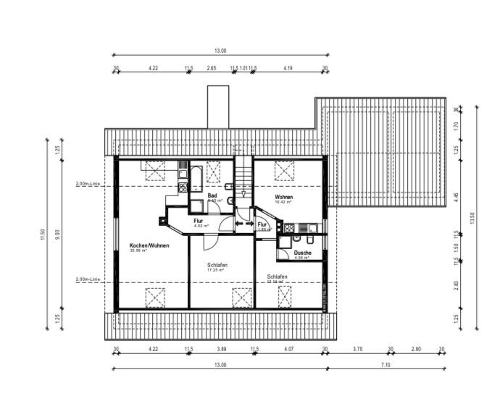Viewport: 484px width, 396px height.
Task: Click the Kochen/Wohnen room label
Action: click(x=149, y=245)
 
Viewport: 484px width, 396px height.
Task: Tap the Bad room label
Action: click(x=212, y=195)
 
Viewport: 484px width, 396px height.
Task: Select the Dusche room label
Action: click(x=302, y=253)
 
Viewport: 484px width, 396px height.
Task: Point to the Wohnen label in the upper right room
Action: click(x=283, y=197)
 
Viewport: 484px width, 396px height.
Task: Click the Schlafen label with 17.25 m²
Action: click(x=217, y=266)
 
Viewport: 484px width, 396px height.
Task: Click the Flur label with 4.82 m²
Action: click(x=199, y=221)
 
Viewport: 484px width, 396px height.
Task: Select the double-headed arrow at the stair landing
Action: click(x=240, y=224)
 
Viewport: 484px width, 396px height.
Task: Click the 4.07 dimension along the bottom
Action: click(x=289, y=349)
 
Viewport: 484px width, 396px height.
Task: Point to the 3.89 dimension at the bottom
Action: click(x=221, y=349)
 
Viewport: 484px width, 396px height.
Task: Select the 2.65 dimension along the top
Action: click(x=211, y=67)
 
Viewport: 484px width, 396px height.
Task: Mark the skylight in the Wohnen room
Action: click(x=283, y=172)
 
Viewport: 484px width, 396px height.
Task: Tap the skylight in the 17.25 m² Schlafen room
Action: click(x=241, y=297)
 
